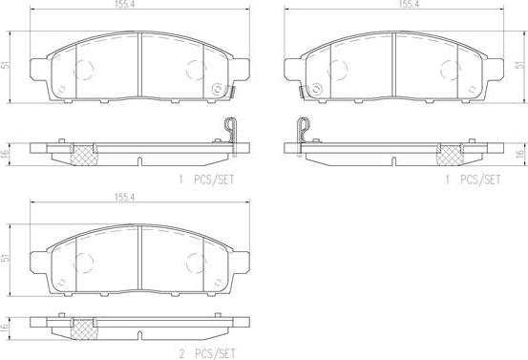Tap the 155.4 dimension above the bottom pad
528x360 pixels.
pyautogui.click(x=124, y=198)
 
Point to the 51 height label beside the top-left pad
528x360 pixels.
pyautogui.click(x=6, y=65)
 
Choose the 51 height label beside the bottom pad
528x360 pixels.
pyautogui.click(x=6, y=258)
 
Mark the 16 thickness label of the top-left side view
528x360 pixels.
pyautogui.click(x=6, y=155)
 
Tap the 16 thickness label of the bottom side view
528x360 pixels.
pyautogui.click(x=6, y=328)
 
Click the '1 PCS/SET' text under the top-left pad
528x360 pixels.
pyautogui.click(x=206, y=180)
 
